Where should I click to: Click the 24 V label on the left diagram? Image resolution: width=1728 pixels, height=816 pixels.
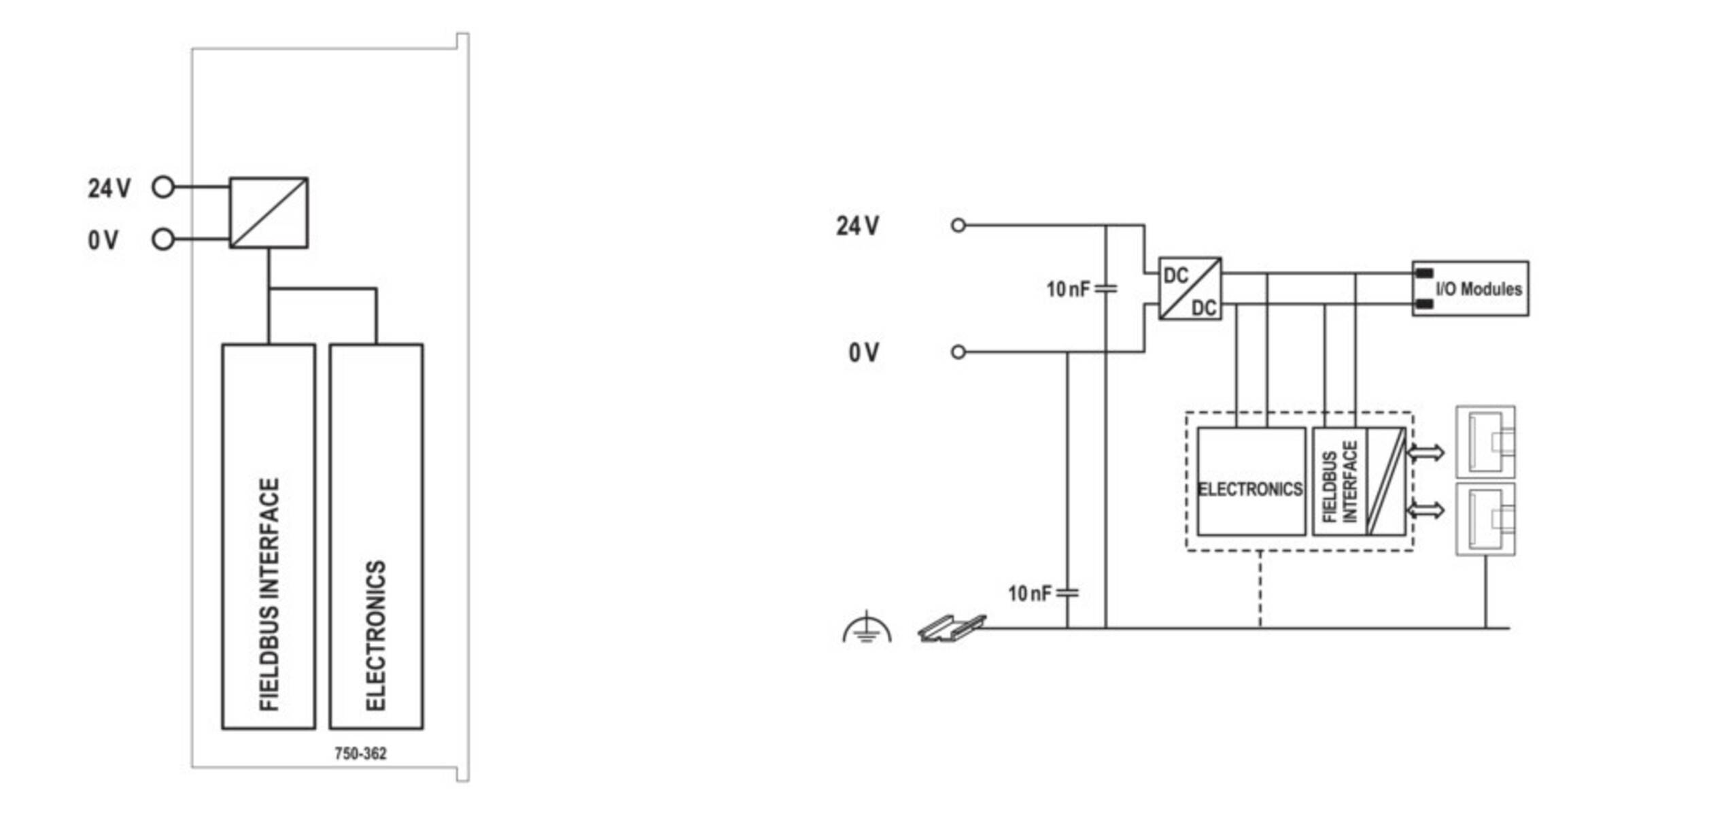109,188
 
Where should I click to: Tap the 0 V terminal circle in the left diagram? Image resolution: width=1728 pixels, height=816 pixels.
163,239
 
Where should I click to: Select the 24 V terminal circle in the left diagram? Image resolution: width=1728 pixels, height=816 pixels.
163,186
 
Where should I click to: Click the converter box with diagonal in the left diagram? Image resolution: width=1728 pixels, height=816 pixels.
269,213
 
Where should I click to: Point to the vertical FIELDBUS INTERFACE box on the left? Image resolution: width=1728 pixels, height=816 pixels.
269,537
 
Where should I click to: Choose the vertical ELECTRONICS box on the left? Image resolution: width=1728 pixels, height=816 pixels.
376,537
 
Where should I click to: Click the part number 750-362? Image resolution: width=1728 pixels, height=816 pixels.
360,753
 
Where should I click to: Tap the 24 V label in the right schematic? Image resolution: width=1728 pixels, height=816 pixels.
857,226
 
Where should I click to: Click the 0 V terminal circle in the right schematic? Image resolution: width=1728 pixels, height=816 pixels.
958,352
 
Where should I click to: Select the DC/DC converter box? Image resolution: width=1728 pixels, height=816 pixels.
1190,288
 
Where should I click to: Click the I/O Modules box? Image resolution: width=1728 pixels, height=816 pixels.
1470,288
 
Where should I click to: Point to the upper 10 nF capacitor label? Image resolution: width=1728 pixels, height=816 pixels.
1068,290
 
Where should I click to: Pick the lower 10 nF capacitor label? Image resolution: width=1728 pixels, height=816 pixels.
1029,594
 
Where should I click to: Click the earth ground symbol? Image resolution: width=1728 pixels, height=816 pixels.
866,628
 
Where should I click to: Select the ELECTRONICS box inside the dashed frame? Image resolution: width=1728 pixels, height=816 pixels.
1251,481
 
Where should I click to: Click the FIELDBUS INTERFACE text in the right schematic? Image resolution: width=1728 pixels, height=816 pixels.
1340,482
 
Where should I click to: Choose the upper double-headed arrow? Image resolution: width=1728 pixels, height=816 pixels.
1425,452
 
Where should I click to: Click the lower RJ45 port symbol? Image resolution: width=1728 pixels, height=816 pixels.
1485,519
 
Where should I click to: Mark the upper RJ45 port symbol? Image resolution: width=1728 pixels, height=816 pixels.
1485,442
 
